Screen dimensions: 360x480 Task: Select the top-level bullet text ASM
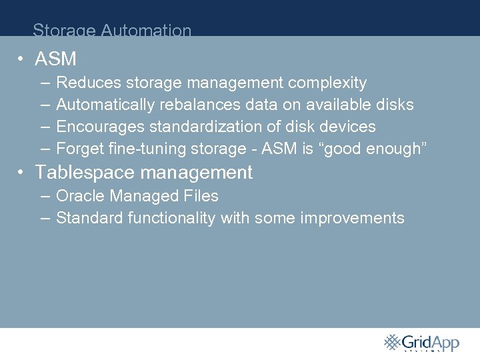(55, 59)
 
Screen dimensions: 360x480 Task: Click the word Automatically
(104, 105)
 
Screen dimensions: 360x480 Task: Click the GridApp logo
(421, 343)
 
